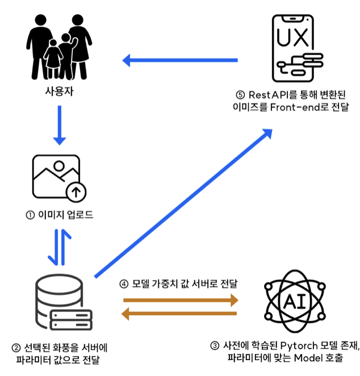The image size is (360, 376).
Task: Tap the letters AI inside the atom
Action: (295, 301)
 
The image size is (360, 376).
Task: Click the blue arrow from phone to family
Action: (181, 59)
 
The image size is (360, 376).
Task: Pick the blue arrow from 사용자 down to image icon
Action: (59, 125)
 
